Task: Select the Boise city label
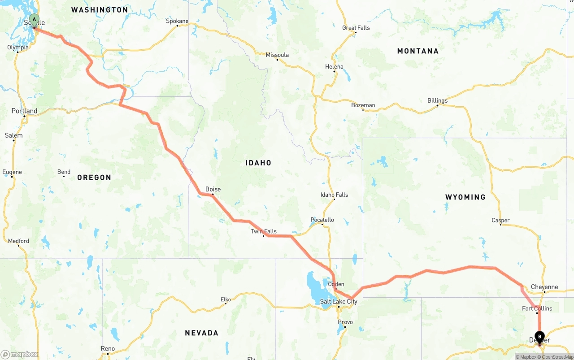tap(213, 189)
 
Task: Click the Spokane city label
tap(177, 21)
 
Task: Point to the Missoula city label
tap(277, 55)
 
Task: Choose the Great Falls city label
tap(356, 28)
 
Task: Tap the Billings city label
tap(437, 101)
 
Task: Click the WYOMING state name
tap(465, 197)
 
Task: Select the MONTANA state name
tap(417, 51)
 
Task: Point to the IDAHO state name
tap(258, 163)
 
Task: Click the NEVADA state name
tap(202, 333)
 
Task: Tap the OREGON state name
tap(94, 178)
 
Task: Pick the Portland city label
tap(24, 111)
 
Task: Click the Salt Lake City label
tap(339, 302)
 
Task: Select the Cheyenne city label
tap(544, 287)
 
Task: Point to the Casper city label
tap(500, 220)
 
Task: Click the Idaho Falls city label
tap(334, 195)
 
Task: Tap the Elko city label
tap(226, 299)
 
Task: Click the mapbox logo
tap(20, 354)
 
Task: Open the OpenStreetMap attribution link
tap(557, 357)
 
